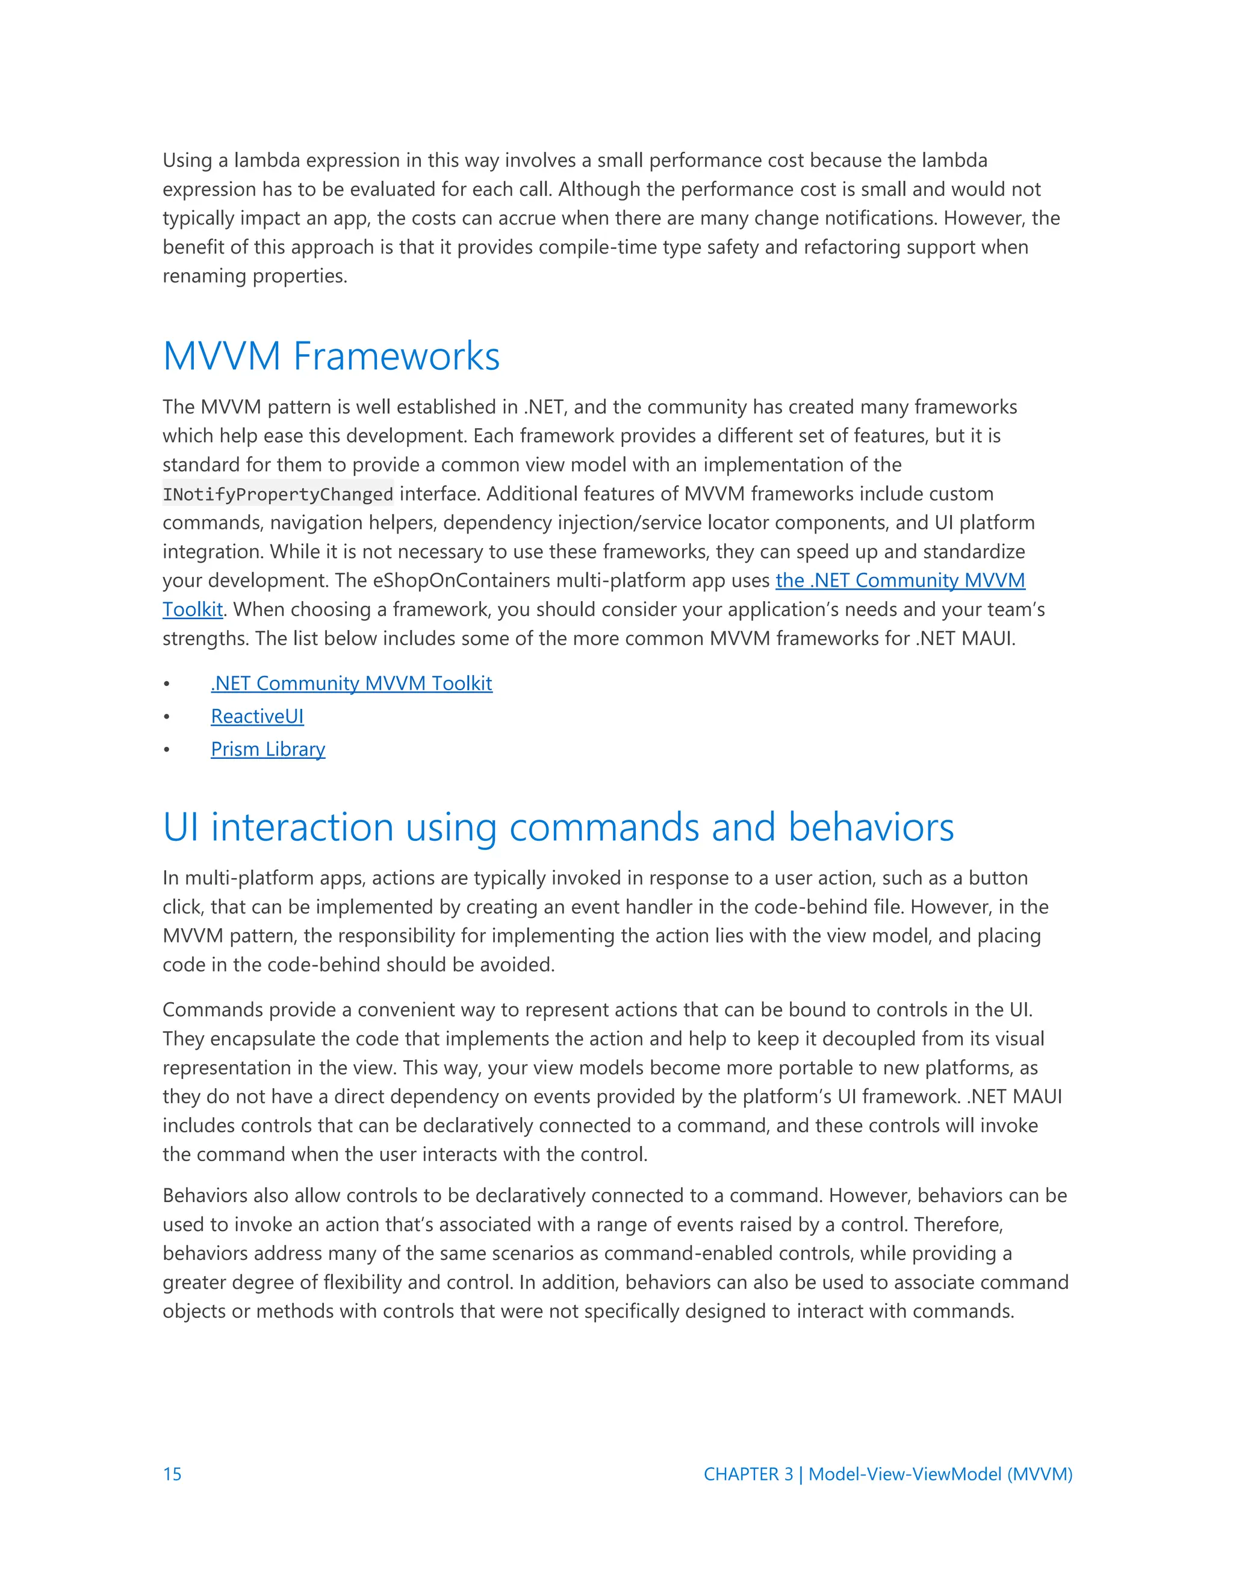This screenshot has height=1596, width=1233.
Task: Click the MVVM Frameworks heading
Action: click(x=331, y=357)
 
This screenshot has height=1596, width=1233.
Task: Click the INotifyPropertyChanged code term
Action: click(x=278, y=494)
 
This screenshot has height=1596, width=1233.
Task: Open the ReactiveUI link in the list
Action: click(x=257, y=716)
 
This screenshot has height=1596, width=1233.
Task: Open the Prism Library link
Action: click(x=267, y=749)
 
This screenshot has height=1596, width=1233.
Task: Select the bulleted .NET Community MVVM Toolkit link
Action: click(x=352, y=684)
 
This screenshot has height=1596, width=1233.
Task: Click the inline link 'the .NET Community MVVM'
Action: click(x=900, y=580)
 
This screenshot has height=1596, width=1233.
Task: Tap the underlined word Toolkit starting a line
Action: click(x=192, y=609)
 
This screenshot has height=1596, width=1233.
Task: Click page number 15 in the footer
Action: click(x=172, y=1474)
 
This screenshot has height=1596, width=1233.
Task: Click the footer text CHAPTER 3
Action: click(x=747, y=1474)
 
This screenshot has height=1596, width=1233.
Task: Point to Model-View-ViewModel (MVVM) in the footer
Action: click(x=940, y=1474)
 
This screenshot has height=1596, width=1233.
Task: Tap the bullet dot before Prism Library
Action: click(x=167, y=750)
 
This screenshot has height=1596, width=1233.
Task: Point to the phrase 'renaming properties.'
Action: click(x=255, y=276)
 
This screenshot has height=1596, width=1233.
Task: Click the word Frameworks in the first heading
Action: click(x=396, y=357)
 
